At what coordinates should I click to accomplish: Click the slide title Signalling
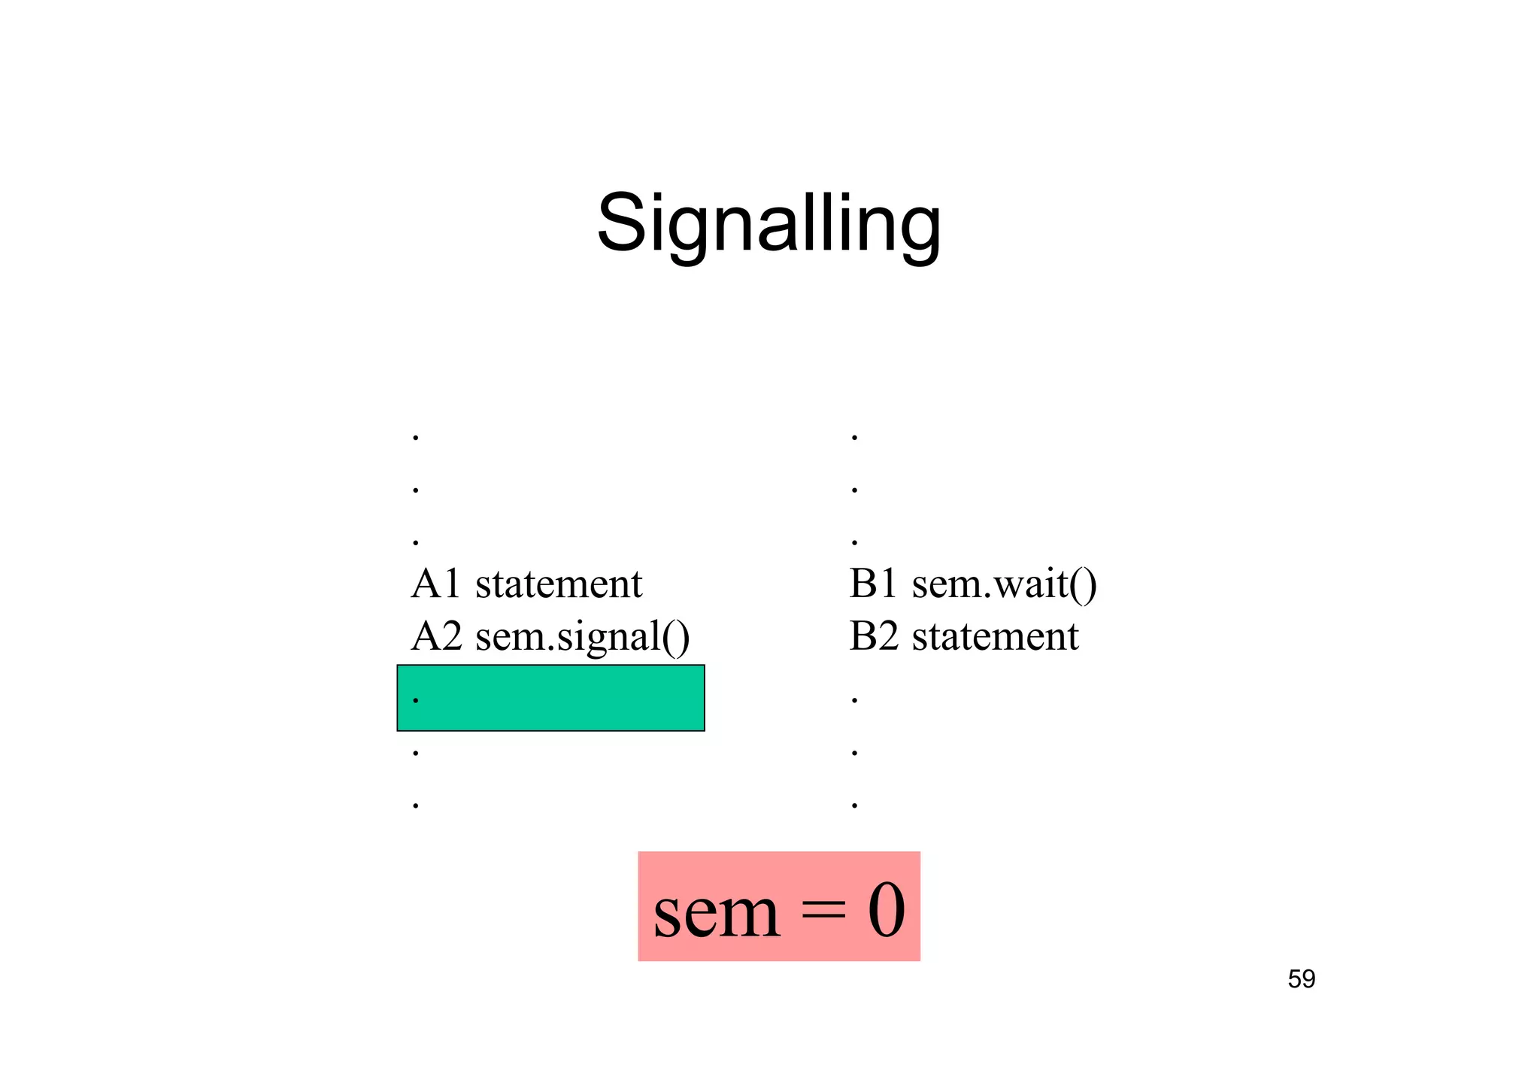pyautogui.click(x=768, y=224)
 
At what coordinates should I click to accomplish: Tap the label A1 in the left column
pyautogui.click(x=435, y=584)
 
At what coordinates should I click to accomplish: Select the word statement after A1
pyautogui.click(x=559, y=584)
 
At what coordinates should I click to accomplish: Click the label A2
pyautogui.click(x=436, y=636)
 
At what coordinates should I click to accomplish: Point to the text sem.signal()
pyautogui.click(x=582, y=638)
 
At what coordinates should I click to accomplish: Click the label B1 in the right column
pyautogui.click(x=873, y=584)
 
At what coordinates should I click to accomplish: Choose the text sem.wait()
pyautogui.click(x=1004, y=584)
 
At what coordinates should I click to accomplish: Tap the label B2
pyautogui.click(x=873, y=636)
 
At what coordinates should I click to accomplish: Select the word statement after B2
pyautogui.click(x=995, y=636)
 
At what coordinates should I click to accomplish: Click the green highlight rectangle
pyautogui.click(x=550, y=697)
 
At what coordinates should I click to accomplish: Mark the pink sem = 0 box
pyautogui.click(x=779, y=906)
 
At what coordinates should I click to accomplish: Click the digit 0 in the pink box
pyautogui.click(x=887, y=911)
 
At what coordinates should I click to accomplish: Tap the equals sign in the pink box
pyautogui.click(x=823, y=912)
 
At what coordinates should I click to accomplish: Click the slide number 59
pyautogui.click(x=1301, y=979)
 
